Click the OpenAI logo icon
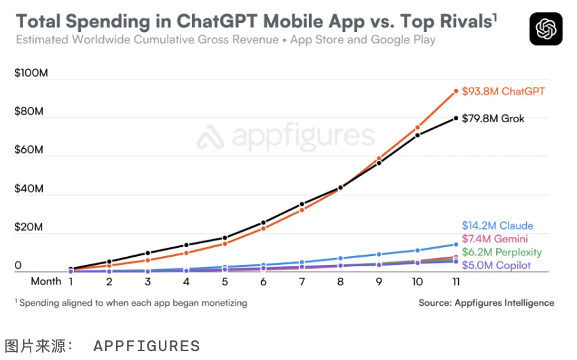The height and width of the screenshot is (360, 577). pyautogui.click(x=546, y=29)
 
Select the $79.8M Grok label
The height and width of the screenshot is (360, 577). pyautogui.click(x=493, y=119)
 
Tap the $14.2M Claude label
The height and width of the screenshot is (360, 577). pyautogui.click(x=498, y=226)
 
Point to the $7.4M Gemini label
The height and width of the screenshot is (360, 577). pyautogui.click(x=495, y=239)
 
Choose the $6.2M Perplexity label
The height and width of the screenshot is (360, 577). pyautogui.click(x=502, y=252)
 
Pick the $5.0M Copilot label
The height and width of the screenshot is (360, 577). pyautogui.click(x=496, y=266)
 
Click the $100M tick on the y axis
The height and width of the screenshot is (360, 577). pyautogui.click(x=31, y=73)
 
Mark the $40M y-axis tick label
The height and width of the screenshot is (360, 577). pyautogui.click(x=29, y=189)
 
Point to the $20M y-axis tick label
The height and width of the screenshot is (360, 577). pyautogui.click(x=29, y=228)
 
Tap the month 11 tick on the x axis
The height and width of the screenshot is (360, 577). pyautogui.click(x=455, y=281)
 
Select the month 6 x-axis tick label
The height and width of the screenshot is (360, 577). pyautogui.click(x=263, y=281)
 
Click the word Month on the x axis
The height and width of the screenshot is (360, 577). pyautogui.click(x=45, y=281)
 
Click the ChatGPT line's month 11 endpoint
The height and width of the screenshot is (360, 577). pyautogui.click(x=455, y=90)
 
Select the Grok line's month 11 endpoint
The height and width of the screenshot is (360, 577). pyautogui.click(x=455, y=118)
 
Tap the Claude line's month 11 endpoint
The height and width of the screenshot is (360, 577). pyautogui.click(x=455, y=245)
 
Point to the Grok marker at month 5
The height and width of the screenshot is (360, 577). pyautogui.click(x=225, y=238)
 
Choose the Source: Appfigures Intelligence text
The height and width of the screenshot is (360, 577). pyautogui.click(x=486, y=303)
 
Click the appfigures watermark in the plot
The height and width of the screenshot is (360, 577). pyautogui.click(x=286, y=139)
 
